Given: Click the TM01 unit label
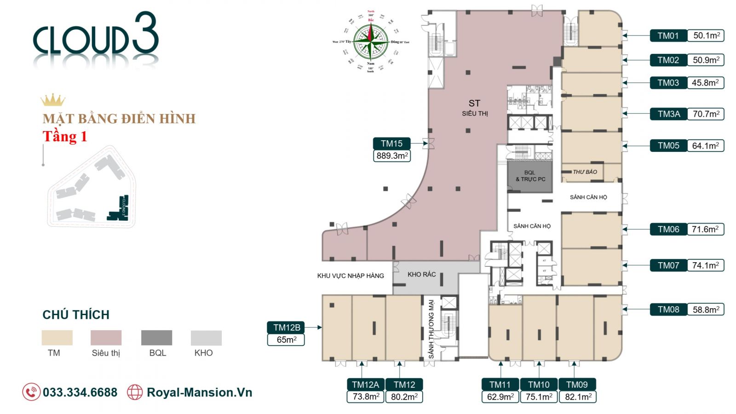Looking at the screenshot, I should tap(668, 35).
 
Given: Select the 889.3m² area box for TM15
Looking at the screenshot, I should tap(391, 156).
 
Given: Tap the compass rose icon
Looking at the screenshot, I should tap(371, 42).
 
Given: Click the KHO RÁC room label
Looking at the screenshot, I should tap(421, 274).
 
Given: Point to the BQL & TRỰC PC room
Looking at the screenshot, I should tap(530, 176).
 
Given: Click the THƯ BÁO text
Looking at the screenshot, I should tap(585, 172).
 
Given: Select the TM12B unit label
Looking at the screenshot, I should tap(286, 328).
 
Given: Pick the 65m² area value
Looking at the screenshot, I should tap(286, 340).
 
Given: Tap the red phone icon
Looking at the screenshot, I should tap(31, 392).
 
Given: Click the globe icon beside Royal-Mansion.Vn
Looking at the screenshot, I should tap(135, 392).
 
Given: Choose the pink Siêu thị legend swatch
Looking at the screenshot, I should tap(106, 338).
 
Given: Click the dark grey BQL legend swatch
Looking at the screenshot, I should tap(156, 338).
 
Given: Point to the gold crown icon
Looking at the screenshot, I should tap(52, 100).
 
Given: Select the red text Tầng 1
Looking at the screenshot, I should tap(65, 137).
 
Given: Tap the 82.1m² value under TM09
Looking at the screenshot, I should tap(577, 397).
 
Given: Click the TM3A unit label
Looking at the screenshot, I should tap(668, 114).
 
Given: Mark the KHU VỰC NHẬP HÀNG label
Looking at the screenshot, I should tap(350, 276).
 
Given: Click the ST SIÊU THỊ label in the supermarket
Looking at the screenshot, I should tap(475, 108).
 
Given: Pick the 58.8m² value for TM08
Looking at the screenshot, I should tap(706, 310).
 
